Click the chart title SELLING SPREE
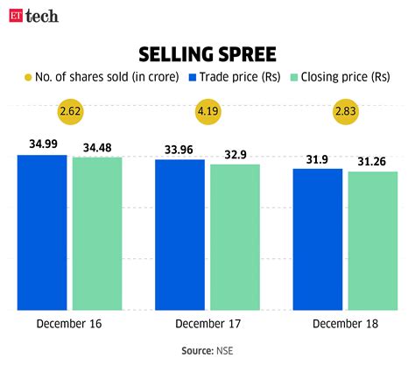point(207,52)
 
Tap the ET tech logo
point(32,15)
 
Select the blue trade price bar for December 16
point(42,232)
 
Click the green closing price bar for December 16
point(96,234)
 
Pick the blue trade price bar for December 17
point(179,235)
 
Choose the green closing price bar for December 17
point(234,237)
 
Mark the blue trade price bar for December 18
point(317,239)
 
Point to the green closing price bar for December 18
point(372,241)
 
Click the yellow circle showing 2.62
point(69,112)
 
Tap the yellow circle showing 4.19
point(207,112)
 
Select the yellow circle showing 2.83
point(344,112)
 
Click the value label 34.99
point(42,144)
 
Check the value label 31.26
point(372,160)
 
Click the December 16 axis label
point(69,324)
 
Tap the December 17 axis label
point(207,324)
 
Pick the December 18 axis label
point(344,324)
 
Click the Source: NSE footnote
point(207,350)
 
